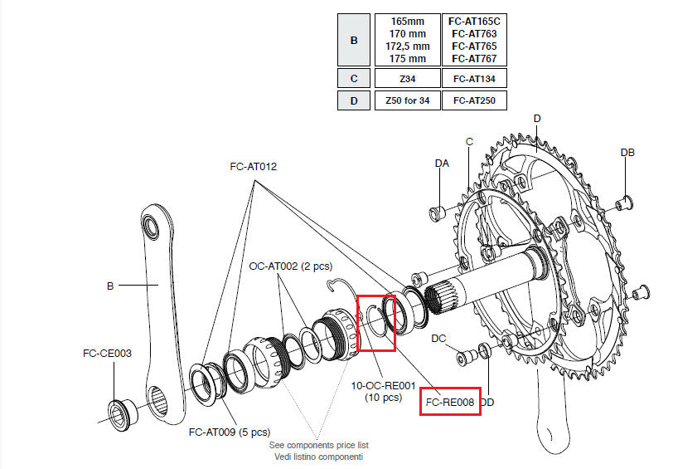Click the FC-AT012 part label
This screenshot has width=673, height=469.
click(x=253, y=167)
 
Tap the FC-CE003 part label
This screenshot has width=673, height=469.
click(x=107, y=353)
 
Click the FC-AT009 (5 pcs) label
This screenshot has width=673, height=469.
click(x=230, y=432)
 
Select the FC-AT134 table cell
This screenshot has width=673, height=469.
click(x=473, y=78)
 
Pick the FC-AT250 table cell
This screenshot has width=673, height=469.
click(x=473, y=100)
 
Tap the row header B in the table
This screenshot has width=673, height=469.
click(x=354, y=40)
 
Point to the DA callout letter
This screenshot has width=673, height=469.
click(x=442, y=164)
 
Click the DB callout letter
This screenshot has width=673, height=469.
click(x=627, y=153)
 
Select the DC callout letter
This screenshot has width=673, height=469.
click(x=439, y=339)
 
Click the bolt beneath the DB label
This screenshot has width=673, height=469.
click(x=625, y=201)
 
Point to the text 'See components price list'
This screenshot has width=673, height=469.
click(x=319, y=446)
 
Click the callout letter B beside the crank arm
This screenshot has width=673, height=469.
click(x=110, y=286)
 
